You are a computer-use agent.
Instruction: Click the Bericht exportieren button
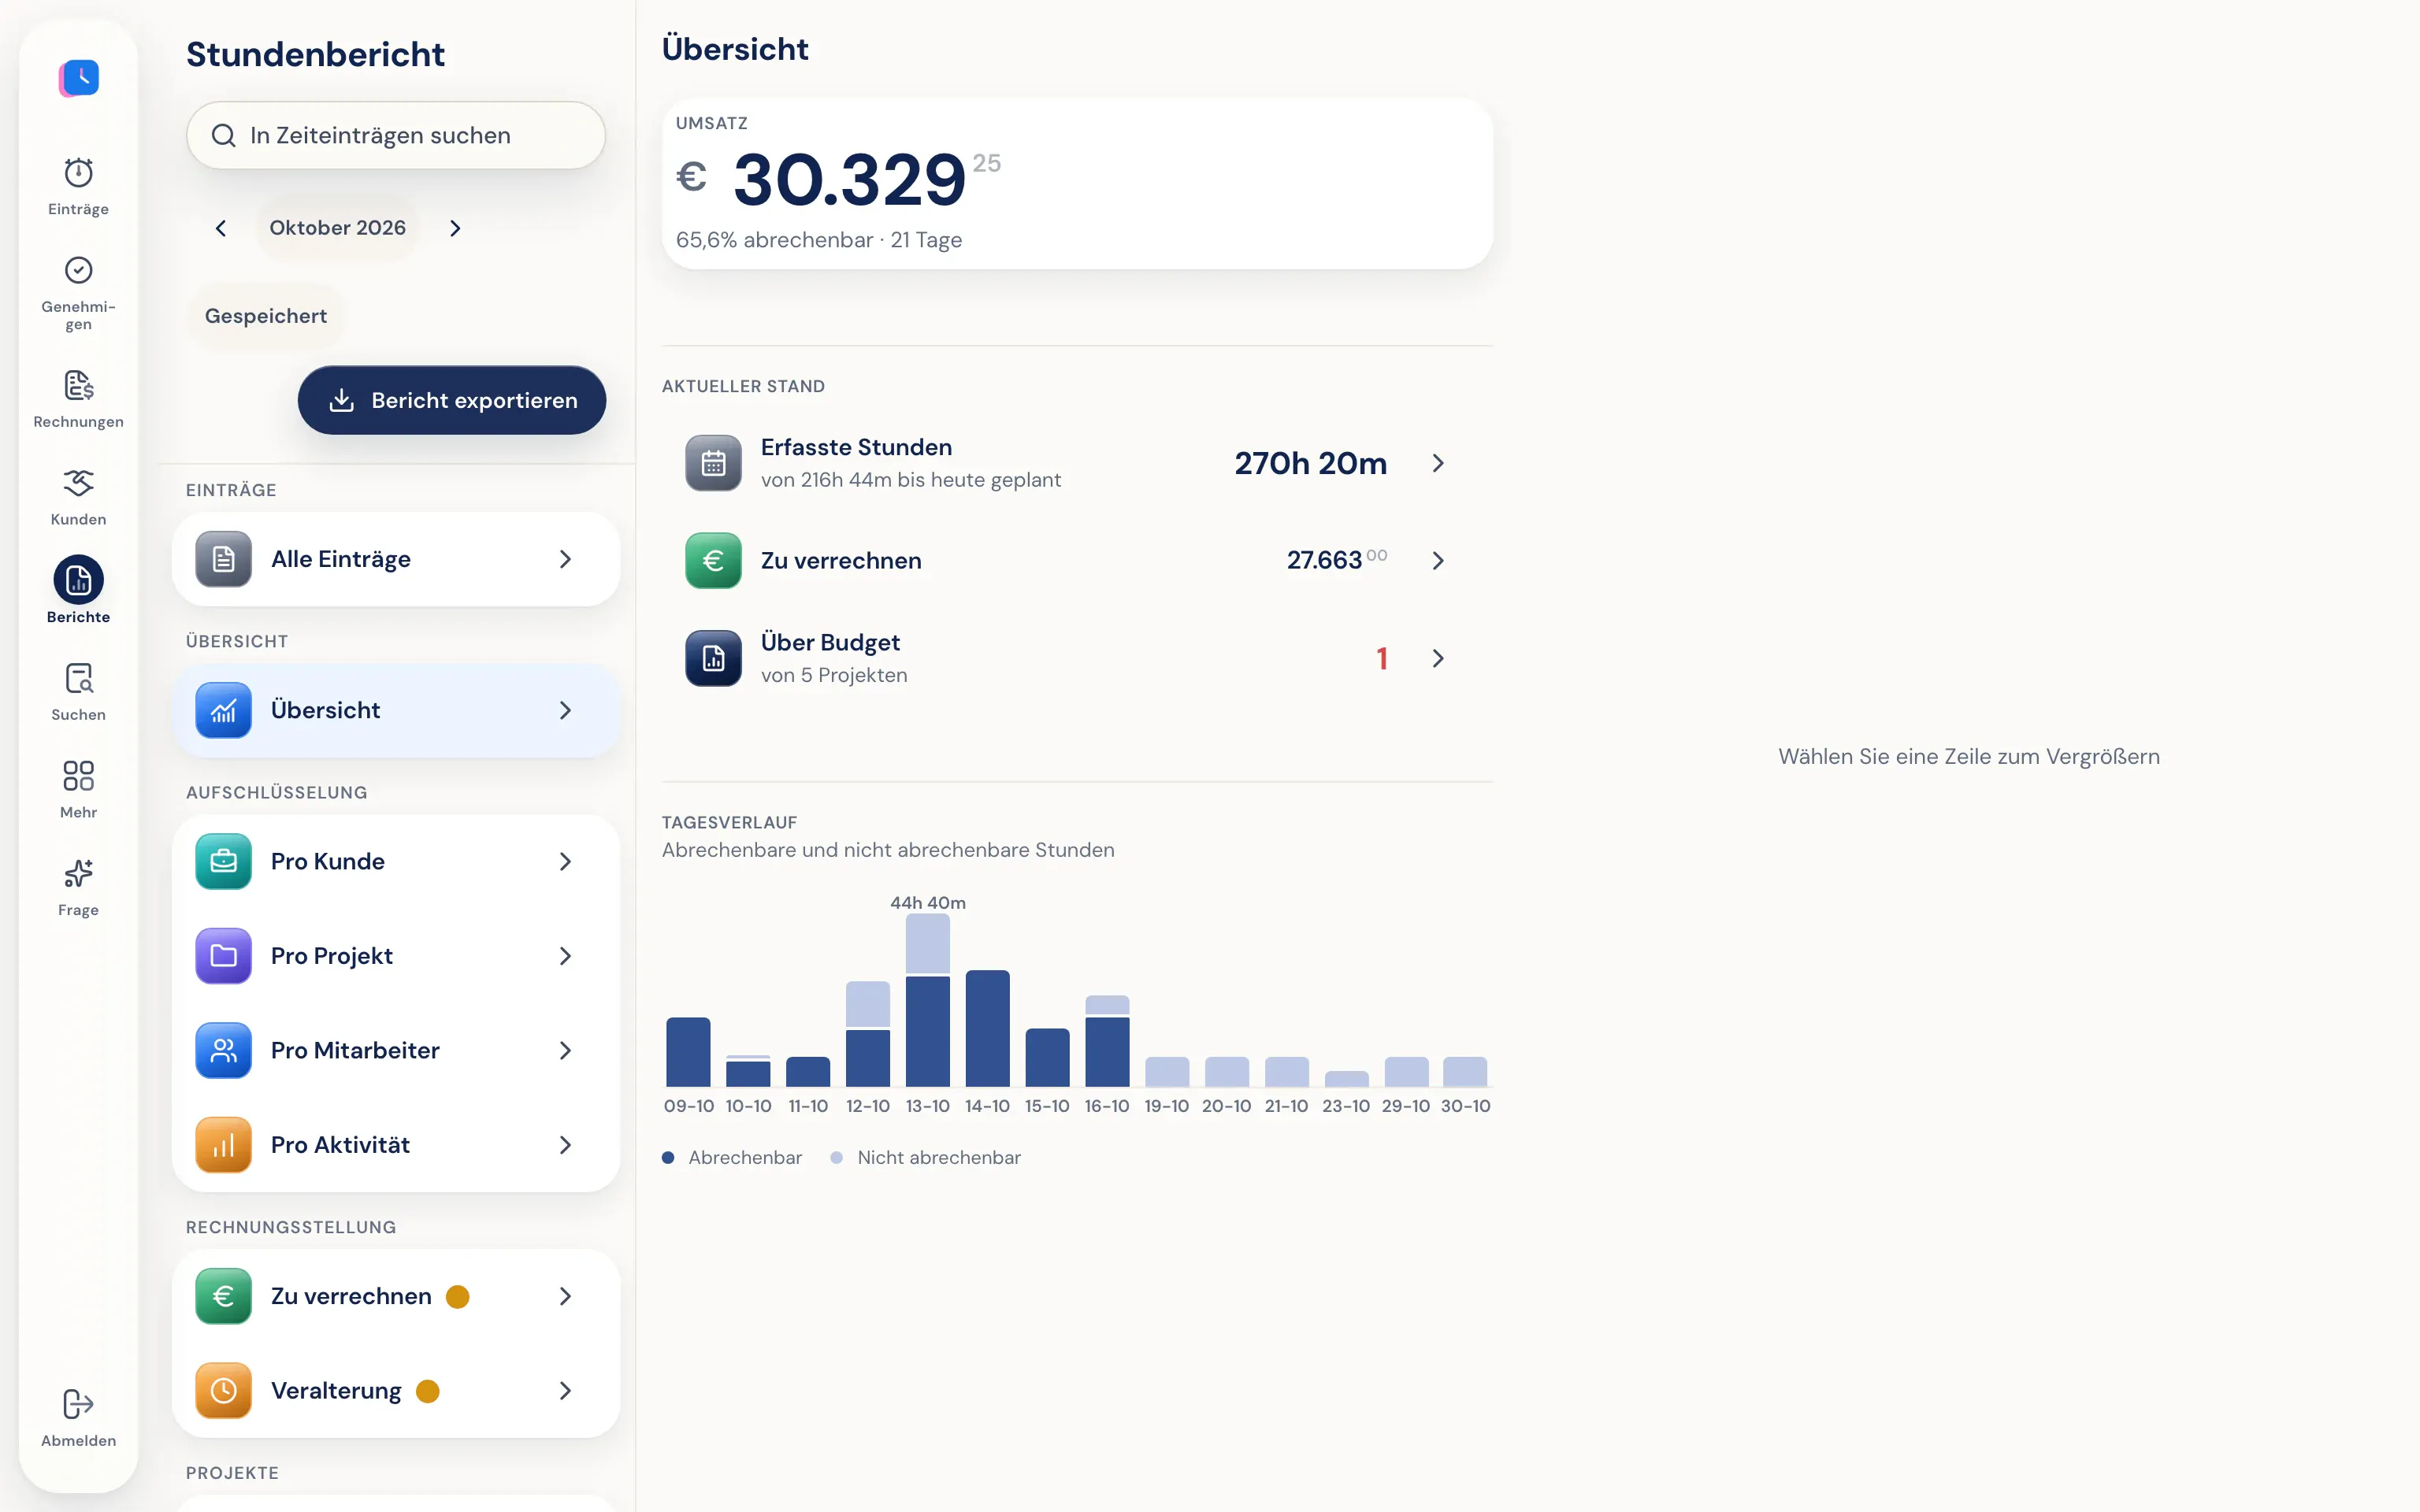pos(451,400)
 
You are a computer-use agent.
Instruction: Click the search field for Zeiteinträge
pos(396,135)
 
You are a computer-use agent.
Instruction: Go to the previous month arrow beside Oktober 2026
pos(221,228)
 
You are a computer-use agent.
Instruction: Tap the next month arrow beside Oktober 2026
pos(455,228)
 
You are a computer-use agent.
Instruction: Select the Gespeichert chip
pos(266,316)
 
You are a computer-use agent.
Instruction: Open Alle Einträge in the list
pos(396,559)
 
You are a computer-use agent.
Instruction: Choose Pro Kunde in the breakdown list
pos(396,861)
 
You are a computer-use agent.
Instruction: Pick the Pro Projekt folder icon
pos(224,956)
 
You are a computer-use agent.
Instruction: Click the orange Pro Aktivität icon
pos(224,1145)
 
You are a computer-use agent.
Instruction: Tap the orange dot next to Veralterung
pos(428,1391)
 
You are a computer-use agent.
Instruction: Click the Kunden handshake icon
pos(78,483)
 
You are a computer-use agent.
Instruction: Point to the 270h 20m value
pos(1310,463)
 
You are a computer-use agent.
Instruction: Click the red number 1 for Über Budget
pos(1382,658)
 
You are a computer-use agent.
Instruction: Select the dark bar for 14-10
pos(987,1028)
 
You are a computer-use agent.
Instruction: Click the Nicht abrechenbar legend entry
pos(926,1157)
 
